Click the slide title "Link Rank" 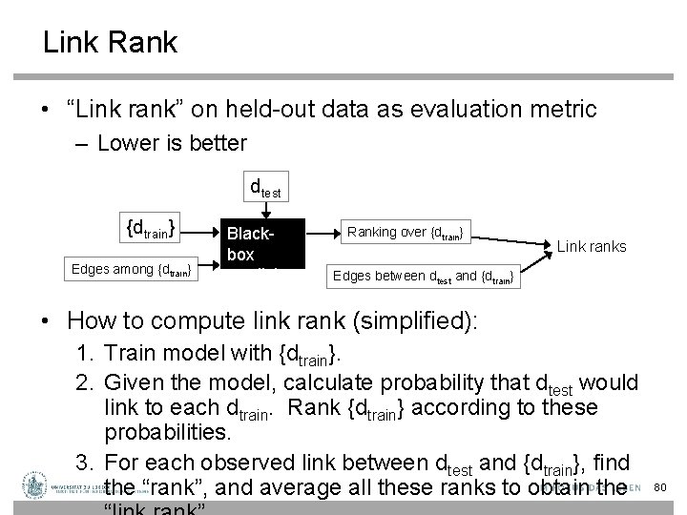click(x=110, y=43)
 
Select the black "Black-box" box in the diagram click(x=262, y=244)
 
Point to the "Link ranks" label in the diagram click(x=592, y=246)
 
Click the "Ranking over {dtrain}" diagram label click(x=406, y=232)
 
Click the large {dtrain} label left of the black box click(x=154, y=228)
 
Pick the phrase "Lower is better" click(x=171, y=144)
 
